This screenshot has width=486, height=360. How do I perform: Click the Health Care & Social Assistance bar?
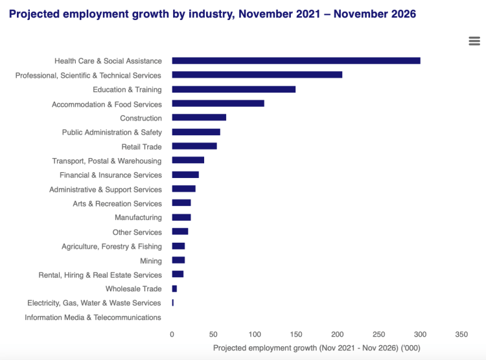click(295, 61)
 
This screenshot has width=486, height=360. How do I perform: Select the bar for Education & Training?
click(233, 89)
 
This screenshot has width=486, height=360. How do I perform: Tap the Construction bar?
click(199, 118)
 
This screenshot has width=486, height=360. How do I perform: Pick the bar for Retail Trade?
click(194, 146)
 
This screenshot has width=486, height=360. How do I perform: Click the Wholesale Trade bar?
click(174, 289)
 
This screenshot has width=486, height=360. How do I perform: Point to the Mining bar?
click(178, 260)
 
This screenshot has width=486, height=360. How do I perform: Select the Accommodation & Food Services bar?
click(218, 104)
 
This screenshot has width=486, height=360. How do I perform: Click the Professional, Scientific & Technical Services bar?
click(257, 75)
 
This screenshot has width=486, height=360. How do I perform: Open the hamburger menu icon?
click(474, 41)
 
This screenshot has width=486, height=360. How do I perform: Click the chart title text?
click(213, 14)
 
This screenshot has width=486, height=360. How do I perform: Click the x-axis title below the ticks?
click(316, 348)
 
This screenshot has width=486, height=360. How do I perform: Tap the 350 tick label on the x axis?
click(461, 334)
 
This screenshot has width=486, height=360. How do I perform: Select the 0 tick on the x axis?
click(172, 334)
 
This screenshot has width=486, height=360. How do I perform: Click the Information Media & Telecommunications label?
click(93, 317)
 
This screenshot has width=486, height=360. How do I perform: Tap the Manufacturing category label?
click(138, 218)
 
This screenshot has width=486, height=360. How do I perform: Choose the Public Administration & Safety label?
click(112, 132)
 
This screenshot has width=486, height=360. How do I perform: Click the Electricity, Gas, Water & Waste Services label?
click(94, 303)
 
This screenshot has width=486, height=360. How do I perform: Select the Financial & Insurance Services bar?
click(185, 175)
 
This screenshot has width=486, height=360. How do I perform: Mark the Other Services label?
click(137, 232)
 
